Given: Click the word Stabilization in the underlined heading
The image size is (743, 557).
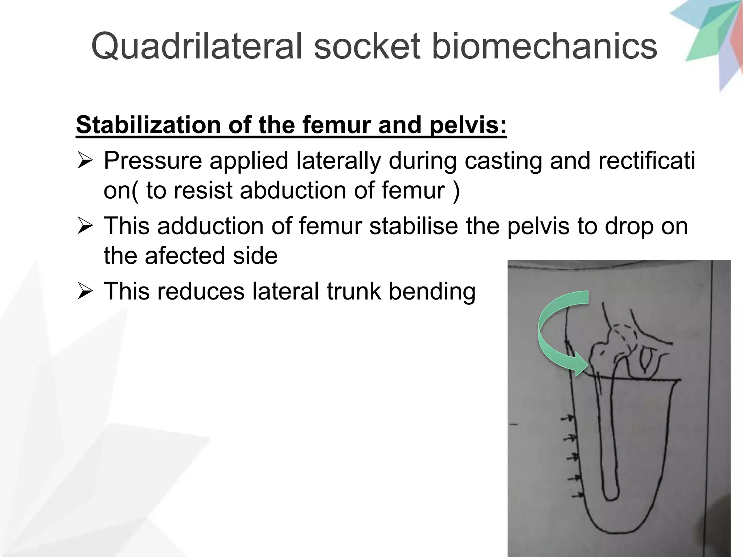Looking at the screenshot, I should coord(145,125).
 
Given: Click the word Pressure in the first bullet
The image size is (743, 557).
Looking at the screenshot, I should coord(152,161).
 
